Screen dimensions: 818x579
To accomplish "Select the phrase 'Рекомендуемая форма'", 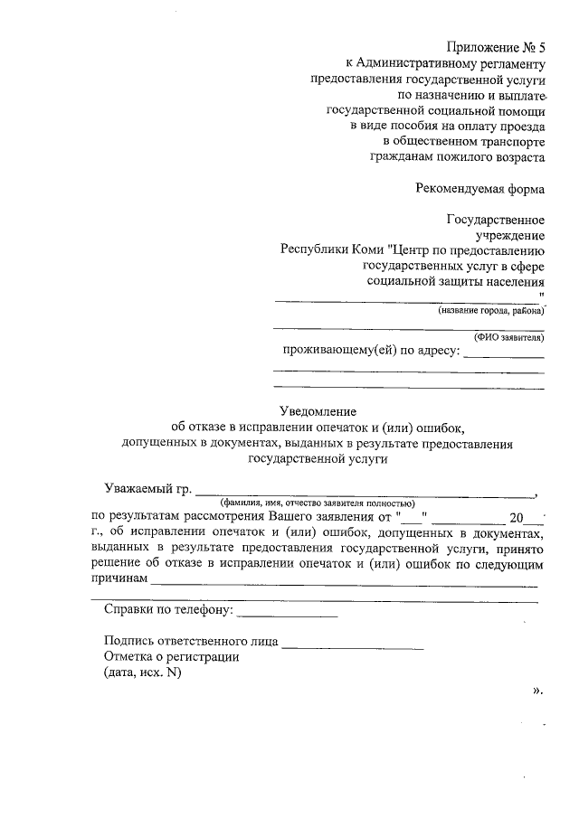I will (479, 189).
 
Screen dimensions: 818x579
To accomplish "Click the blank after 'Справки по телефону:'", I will (287, 616).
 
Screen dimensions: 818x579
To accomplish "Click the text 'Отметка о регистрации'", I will (171, 657).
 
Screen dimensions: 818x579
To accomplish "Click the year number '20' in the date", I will (517, 517).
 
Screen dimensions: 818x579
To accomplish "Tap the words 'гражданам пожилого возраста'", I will (457, 156).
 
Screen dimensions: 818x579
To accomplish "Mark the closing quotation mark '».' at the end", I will (537, 691).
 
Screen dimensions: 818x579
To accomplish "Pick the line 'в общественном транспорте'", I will (464, 141).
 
